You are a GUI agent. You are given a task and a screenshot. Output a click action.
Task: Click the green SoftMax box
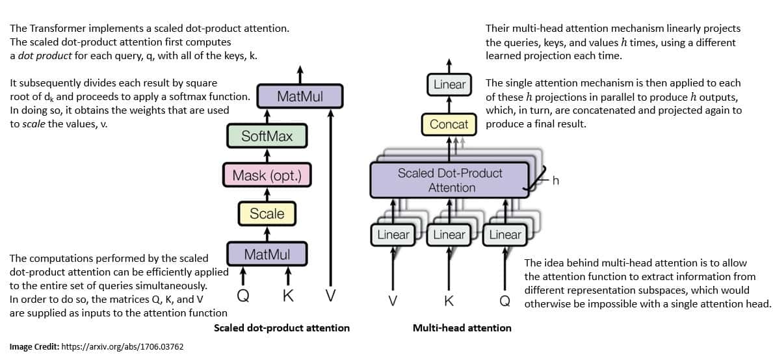267,136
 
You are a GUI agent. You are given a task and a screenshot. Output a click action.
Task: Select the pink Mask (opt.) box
267,175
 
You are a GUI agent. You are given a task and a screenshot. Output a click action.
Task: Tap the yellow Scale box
267,213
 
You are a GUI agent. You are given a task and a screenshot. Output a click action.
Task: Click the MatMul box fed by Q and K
267,253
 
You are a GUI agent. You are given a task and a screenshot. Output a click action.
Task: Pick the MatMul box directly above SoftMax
299,96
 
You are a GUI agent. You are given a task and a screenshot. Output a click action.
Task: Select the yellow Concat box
449,123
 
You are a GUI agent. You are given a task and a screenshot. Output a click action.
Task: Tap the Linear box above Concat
449,84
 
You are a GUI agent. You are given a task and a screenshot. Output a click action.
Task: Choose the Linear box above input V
393,235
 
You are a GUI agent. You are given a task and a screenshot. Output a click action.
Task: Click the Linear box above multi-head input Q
505,235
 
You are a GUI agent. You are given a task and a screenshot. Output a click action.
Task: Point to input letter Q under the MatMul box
242,296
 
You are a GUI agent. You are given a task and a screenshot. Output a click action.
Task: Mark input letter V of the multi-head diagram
393,301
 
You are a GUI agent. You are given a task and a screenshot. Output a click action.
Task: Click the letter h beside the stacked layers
555,181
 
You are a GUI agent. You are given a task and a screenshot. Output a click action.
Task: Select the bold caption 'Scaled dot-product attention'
282,328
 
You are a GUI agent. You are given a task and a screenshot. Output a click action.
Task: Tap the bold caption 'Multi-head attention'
462,328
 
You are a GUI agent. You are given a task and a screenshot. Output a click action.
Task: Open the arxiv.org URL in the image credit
122,347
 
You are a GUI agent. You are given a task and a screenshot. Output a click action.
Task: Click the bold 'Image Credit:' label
34,347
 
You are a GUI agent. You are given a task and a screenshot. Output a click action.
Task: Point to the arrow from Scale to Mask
267,194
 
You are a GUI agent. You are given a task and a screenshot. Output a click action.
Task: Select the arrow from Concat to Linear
449,104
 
